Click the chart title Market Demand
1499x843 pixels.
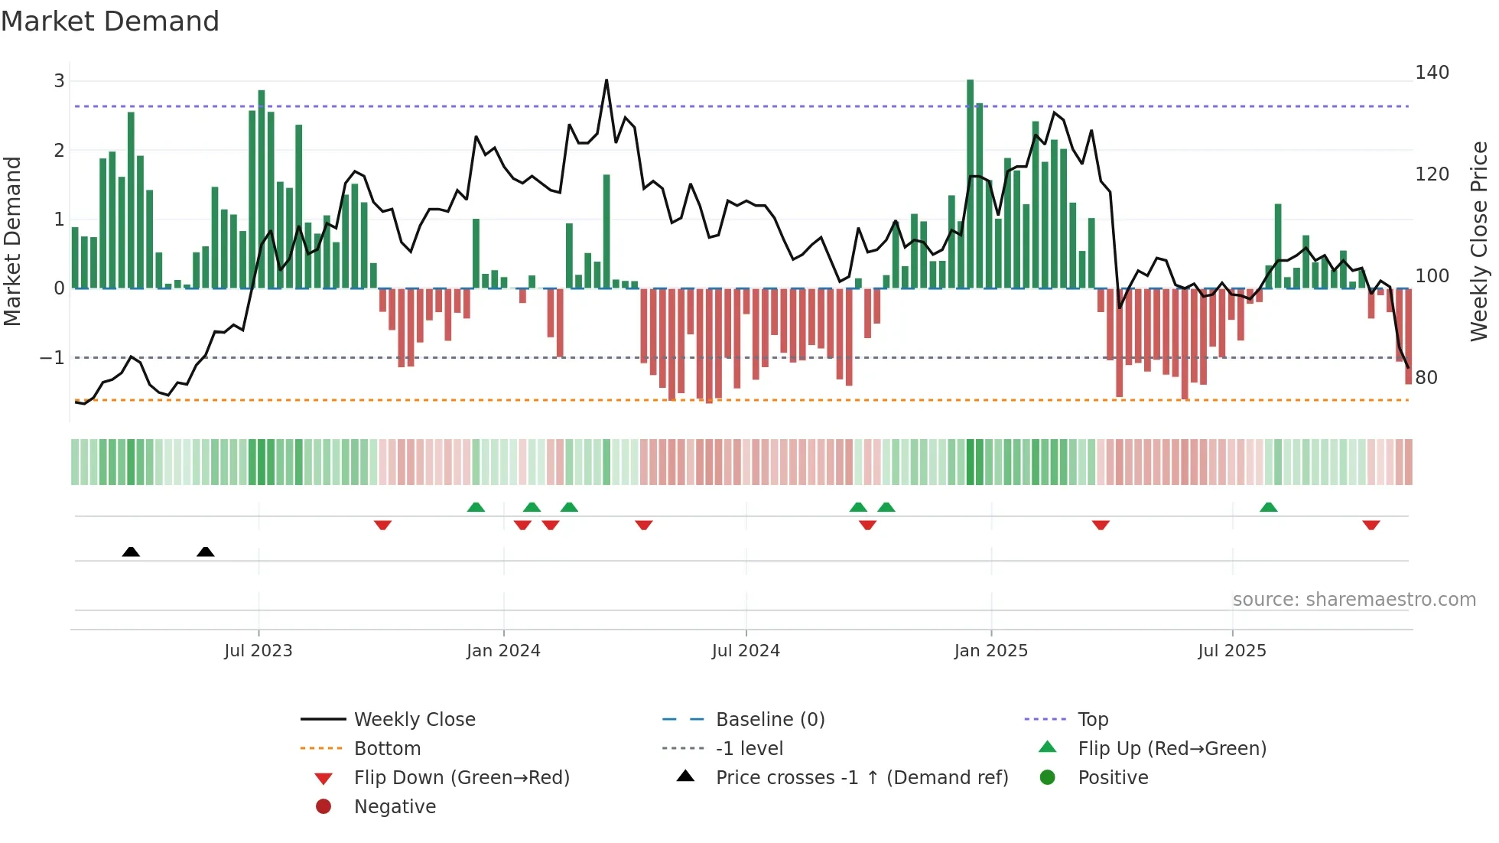pyautogui.click(x=110, y=21)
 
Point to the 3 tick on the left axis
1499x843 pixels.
pyautogui.click(x=59, y=81)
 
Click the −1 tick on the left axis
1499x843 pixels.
pyautogui.click(x=52, y=358)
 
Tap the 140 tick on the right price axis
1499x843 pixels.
pyautogui.click(x=1432, y=73)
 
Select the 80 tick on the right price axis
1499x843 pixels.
pyautogui.click(x=1426, y=377)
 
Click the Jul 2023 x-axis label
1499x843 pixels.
pyautogui.click(x=258, y=651)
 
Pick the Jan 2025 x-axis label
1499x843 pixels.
pyautogui.click(x=990, y=651)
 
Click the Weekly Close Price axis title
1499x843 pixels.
pyautogui.click(x=1479, y=241)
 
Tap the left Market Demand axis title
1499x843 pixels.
pyautogui.click(x=12, y=241)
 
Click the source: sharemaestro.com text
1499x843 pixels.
pyautogui.click(x=1354, y=600)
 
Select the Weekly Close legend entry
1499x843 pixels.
pyautogui.click(x=414, y=720)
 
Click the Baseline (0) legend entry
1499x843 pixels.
pyautogui.click(x=769, y=720)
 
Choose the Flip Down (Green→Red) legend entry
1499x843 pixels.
pyautogui.click(x=461, y=778)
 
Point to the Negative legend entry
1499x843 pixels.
pyautogui.click(x=395, y=807)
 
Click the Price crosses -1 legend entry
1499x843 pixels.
pyautogui.click(x=861, y=778)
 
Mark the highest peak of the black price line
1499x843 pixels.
pyautogui.click(x=606, y=80)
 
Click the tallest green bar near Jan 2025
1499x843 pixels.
pyautogui.click(x=970, y=184)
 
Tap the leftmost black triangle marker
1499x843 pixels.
pyautogui.click(x=131, y=552)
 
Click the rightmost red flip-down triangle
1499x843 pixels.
pyautogui.click(x=1371, y=525)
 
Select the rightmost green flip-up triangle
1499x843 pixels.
pyautogui.click(x=1268, y=507)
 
